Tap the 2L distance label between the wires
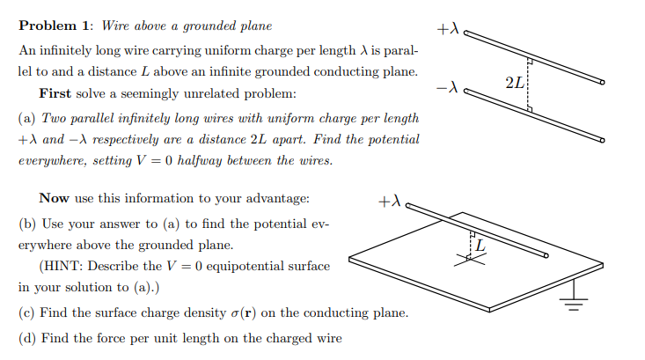click(x=516, y=84)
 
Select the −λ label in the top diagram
click(x=447, y=87)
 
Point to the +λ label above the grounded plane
click(x=389, y=202)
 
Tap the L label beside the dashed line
click(x=480, y=246)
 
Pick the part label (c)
click(x=27, y=313)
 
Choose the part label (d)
click(x=27, y=338)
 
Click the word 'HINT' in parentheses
click(x=64, y=265)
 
